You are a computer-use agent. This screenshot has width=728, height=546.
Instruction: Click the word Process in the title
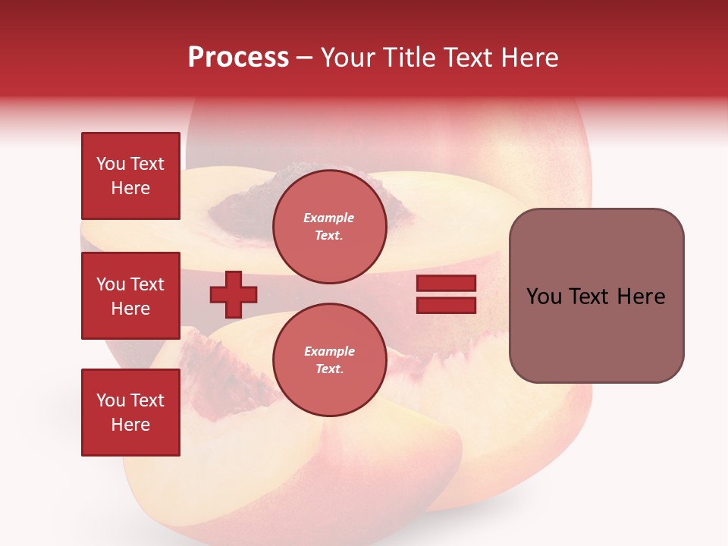coord(238,58)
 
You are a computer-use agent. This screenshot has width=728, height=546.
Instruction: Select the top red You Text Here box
coord(130,176)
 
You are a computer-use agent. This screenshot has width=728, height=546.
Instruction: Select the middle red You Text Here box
coord(130,296)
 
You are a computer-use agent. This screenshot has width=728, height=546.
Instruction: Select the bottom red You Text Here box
coord(130,413)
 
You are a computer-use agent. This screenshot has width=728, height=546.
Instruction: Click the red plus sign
coord(234,294)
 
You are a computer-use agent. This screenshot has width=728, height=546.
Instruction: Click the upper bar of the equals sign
coord(446,284)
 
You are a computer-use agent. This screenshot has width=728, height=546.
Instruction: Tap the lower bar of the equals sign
coord(446,305)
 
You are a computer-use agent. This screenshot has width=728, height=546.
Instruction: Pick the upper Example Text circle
coord(329,226)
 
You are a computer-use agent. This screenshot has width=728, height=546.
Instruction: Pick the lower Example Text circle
coord(329,359)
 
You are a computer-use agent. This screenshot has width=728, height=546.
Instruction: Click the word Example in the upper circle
coord(329,218)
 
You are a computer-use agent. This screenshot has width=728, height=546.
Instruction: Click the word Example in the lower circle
coord(329,351)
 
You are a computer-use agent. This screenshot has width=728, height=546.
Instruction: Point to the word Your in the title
coord(347,58)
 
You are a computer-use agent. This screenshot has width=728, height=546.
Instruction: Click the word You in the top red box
coord(111,164)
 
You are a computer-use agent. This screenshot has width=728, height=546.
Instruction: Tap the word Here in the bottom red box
coord(130,425)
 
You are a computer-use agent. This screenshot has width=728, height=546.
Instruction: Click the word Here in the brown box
coord(641,297)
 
